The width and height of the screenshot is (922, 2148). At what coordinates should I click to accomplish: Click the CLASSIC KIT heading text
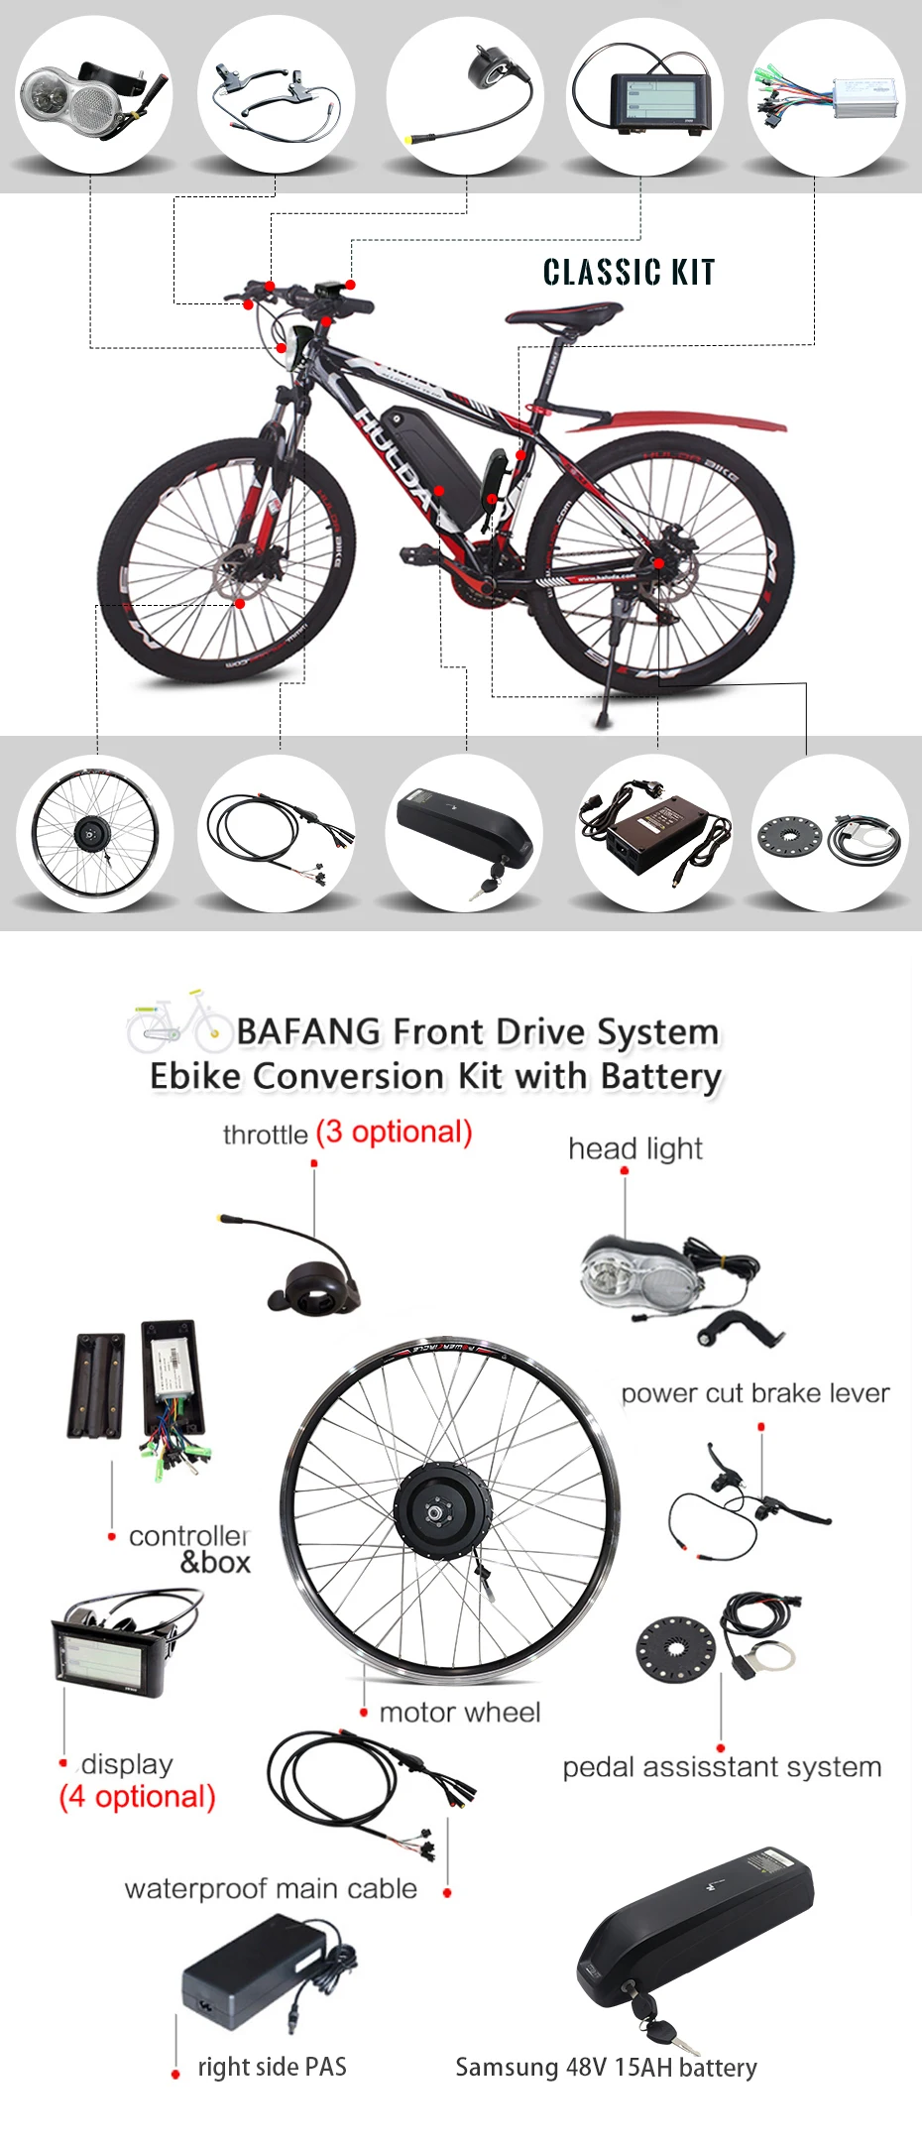[629, 272]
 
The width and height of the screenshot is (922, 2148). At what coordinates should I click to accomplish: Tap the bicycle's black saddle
[562, 315]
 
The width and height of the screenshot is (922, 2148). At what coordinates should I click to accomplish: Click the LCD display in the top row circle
[659, 103]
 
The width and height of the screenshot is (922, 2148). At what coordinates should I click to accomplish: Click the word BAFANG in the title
[308, 1031]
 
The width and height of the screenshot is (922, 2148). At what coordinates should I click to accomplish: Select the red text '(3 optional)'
[394, 1132]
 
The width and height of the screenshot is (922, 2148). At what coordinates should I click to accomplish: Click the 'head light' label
[634, 1148]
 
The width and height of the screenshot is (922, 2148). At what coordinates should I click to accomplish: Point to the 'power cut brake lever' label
[754, 1392]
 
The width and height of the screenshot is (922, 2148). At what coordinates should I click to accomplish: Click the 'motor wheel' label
[459, 1712]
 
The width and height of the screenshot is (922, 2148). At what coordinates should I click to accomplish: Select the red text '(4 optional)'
[137, 1796]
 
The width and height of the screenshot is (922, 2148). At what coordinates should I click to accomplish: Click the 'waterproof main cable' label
[271, 1888]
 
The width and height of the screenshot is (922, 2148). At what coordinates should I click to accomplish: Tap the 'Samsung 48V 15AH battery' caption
[606, 2067]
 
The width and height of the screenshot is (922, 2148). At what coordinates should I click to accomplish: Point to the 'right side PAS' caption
[272, 2066]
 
